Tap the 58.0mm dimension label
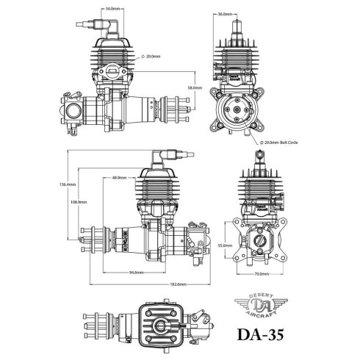pos(194,87)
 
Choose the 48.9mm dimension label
pos(120,177)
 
